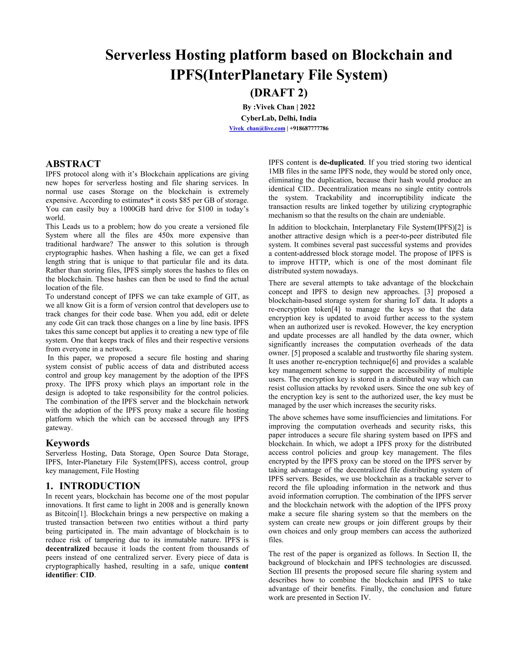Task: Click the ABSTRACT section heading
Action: point(73,164)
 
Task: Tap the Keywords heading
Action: point(67,443)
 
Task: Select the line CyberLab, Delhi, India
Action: point(279,118)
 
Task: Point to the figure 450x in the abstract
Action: point(166,236)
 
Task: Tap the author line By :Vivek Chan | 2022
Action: point(279,107)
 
